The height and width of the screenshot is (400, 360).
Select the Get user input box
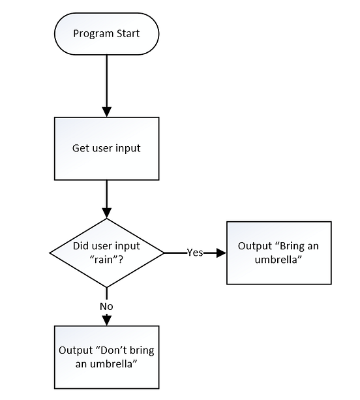pyautogui.click(x=106, y=148)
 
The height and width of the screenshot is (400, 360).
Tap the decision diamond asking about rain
pyautogui.click(x=106, y=253)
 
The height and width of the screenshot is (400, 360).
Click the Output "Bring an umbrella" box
pyautogui.click(x=278, y=253)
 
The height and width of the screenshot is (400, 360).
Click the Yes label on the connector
pyautogui.click(x=194, y=253)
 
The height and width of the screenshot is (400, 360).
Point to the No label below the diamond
pyautogui.click(x=106, y=305)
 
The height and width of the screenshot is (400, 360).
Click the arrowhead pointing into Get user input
pyautogui.click(x=106, y=111)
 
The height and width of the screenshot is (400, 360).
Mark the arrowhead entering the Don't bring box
pyautogui.click(x=106, y=320)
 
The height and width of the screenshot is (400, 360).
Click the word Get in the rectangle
pyautogui.click(x=80, y=148)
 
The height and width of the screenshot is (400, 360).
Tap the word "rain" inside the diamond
pyautogui.click(x=106, y=259)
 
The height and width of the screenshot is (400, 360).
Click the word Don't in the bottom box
pyautogui.click(x=115, y=350)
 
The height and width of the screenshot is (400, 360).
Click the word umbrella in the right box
pyautogui.click(x=278, y=259)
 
